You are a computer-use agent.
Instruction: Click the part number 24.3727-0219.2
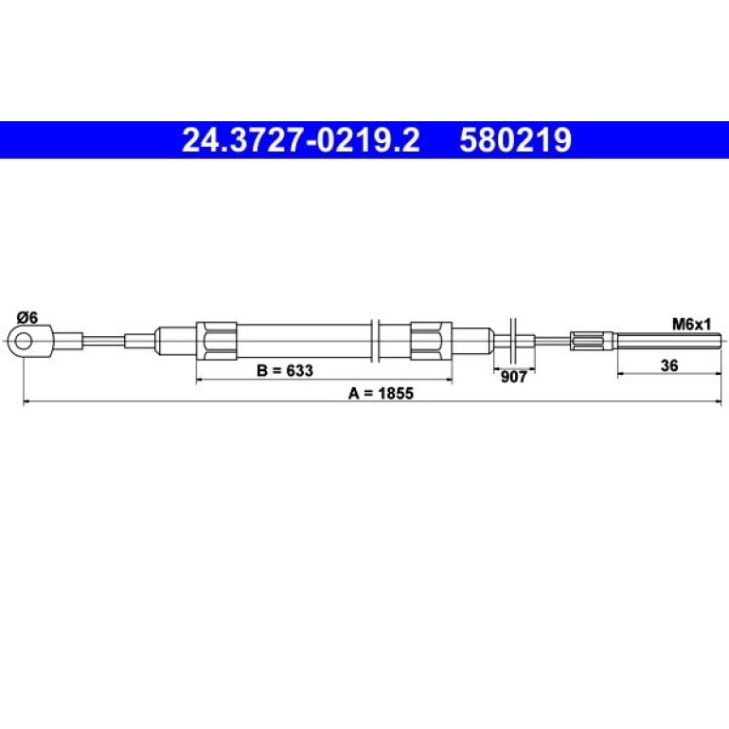point(301,140)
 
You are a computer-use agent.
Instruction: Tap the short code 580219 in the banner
point(515,140)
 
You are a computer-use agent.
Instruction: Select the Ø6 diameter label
point(27,318)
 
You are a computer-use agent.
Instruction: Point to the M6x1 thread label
point(692,324)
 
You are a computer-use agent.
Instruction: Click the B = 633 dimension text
point(285,370)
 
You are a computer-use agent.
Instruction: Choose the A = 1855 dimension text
point(381,393)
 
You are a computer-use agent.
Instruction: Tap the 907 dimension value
point(513,377)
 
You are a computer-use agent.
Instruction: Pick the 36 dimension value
point(669,365)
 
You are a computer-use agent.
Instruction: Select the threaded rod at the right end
point(669,341)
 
